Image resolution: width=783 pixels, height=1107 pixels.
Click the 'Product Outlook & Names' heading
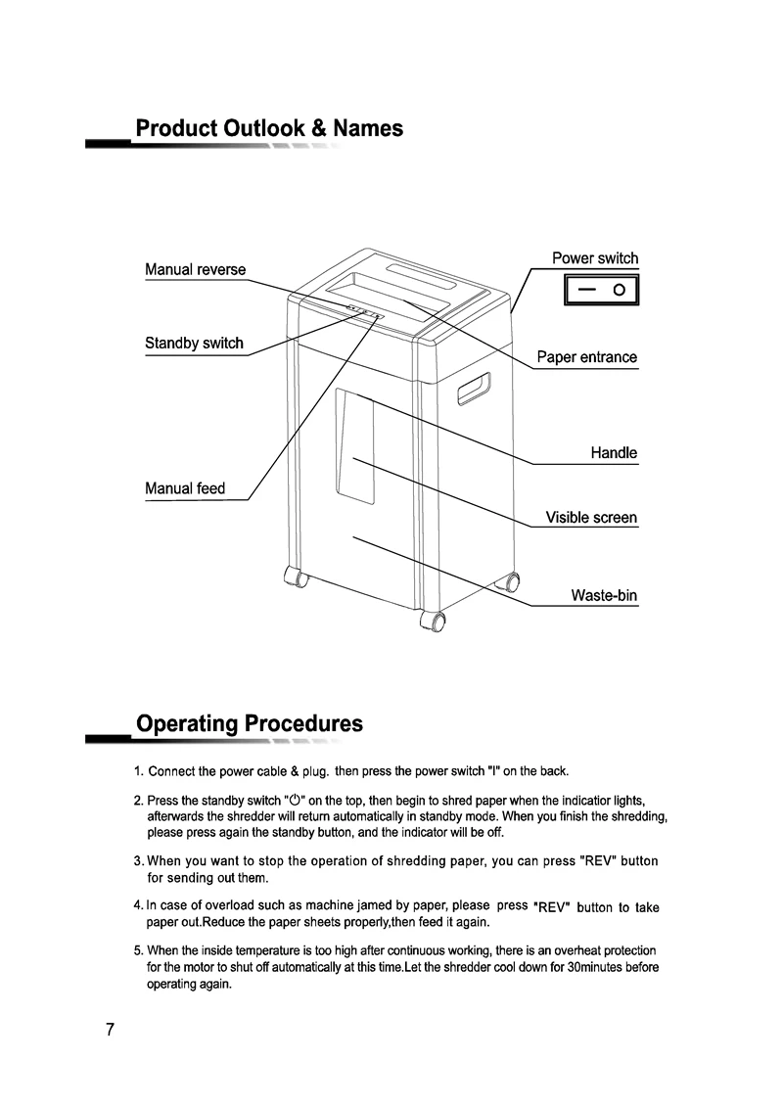pyautogui.click(x=269, y=128)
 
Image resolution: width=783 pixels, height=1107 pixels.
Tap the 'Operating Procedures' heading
pyautogui.click(x=249, y=724)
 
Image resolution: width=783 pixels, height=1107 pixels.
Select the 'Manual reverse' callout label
pyautogui.click(x=196, y=269)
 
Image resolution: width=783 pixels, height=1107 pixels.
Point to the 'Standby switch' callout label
pyautogui.click(x=194, y=344)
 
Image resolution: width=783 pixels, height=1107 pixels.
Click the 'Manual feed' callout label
pyautogui.click(x=185, y=488)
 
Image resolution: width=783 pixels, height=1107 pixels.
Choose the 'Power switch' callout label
pyautogui.click(x=594, y=258)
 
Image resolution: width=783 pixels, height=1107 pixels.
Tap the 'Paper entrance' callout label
pyautogui.click(x=586, y=357)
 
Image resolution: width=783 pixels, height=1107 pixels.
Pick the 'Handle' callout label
pyautogui.click(x=614, y=453)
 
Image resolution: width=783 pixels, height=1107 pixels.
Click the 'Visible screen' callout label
pyautogui.click(x=591, y=518)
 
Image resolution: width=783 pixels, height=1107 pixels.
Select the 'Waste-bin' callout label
pyautogui.click(x=604, y=596)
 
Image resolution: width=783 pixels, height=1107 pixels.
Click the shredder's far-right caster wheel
pyautogui.click(x=510, y=582)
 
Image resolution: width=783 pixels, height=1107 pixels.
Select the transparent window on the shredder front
pyautogui.click(x=354, y=446)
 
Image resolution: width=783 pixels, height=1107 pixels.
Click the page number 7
pyautogui.click(x=111, y=1030)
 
